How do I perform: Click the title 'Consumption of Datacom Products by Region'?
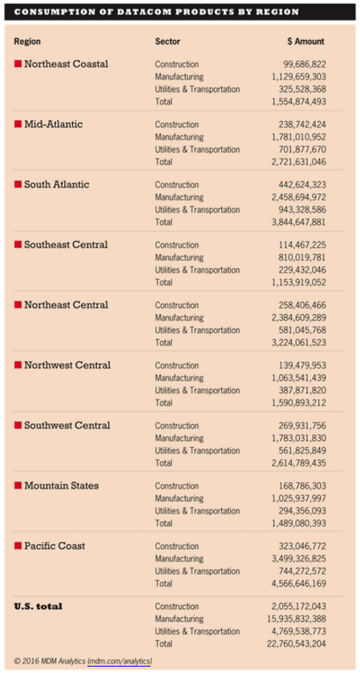[x=157, y=12]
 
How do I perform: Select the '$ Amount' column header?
[x=305, y=40]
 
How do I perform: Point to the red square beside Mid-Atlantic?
[x=18, y=124]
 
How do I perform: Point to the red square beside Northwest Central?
[x=18, y=365]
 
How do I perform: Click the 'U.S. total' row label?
[x=39, y=607]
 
